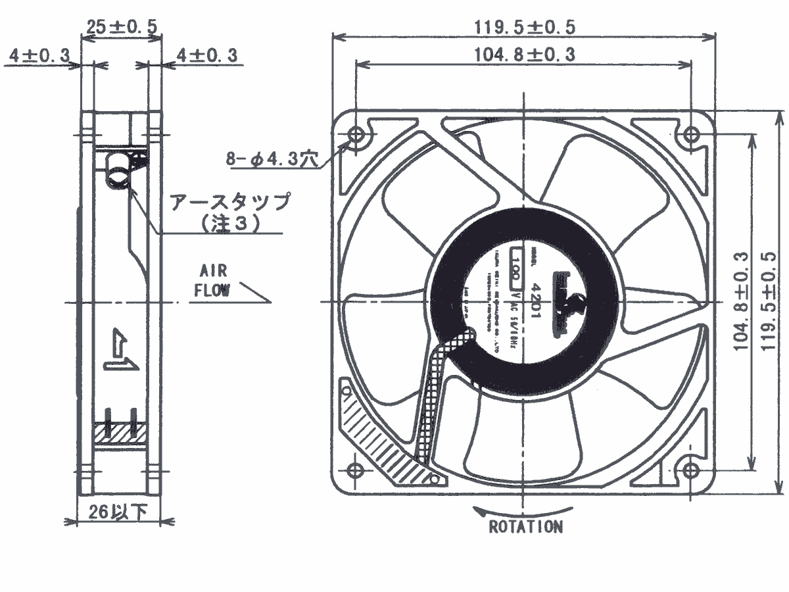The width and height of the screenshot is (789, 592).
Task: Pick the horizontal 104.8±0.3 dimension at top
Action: coord(525,55)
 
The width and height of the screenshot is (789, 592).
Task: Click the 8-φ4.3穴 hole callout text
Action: coord(274,159)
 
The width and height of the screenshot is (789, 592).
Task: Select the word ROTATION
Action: coord(525,527)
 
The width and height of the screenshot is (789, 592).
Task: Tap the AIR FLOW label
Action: coord(212,281)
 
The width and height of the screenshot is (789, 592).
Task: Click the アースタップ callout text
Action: coord(229,202)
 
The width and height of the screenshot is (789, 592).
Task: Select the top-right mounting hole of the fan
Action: coord(690,135)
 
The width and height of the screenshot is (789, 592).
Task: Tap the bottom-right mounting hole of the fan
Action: coord(690,470)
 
